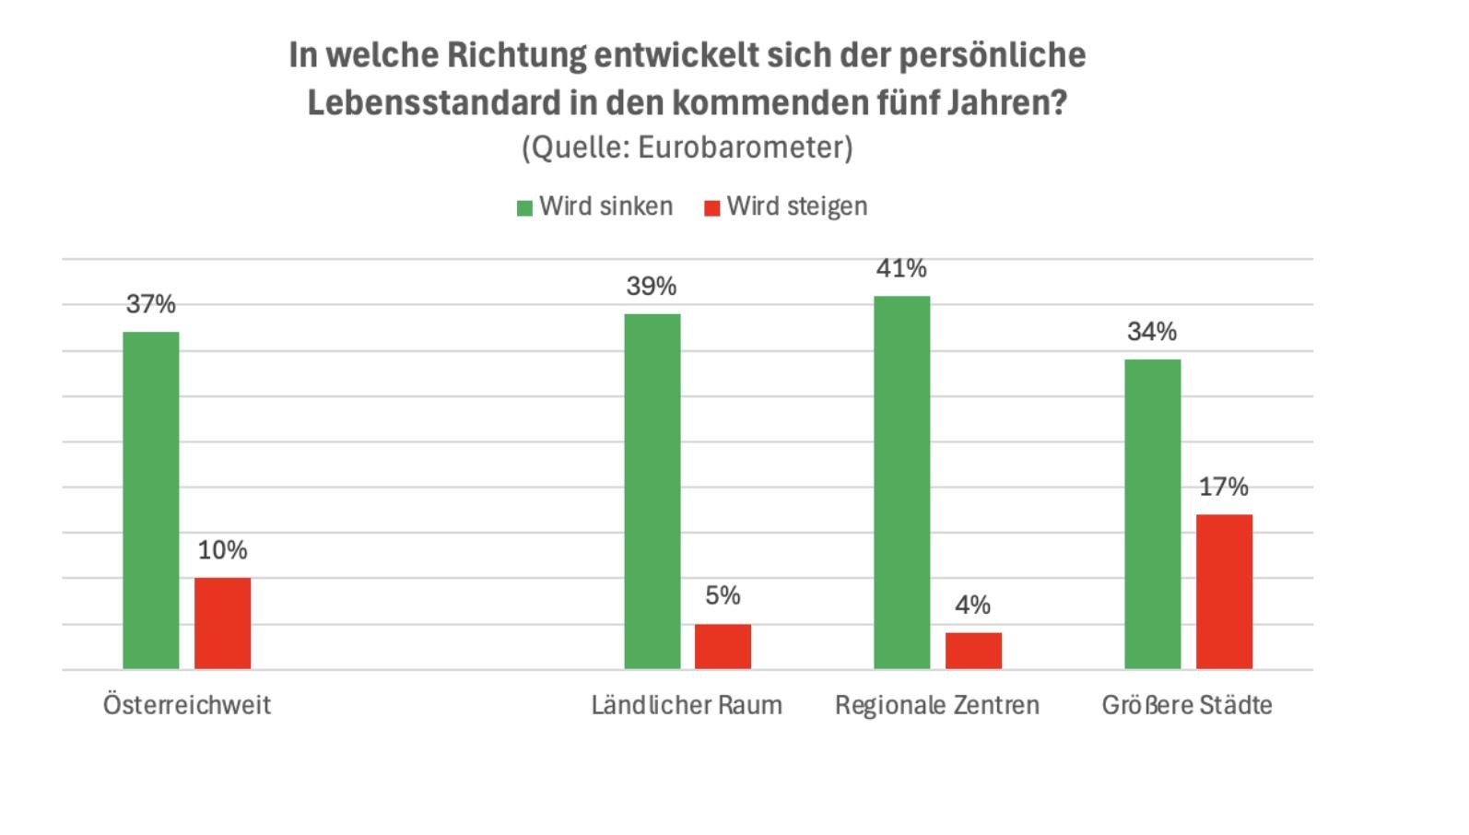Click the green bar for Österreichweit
151,500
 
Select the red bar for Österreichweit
222,623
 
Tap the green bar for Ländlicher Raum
652,491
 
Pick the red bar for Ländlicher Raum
723,646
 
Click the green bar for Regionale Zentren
902,482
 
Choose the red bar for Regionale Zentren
973,651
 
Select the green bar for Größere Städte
1152,514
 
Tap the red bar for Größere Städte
1224,592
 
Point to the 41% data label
901,268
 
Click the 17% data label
1223,487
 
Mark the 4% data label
972,606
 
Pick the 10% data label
222,550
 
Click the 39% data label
652,287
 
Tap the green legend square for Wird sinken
524,208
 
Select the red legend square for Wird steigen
711,208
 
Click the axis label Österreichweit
187,705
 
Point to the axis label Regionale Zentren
937,705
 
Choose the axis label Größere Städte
1187,705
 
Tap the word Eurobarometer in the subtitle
745,147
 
